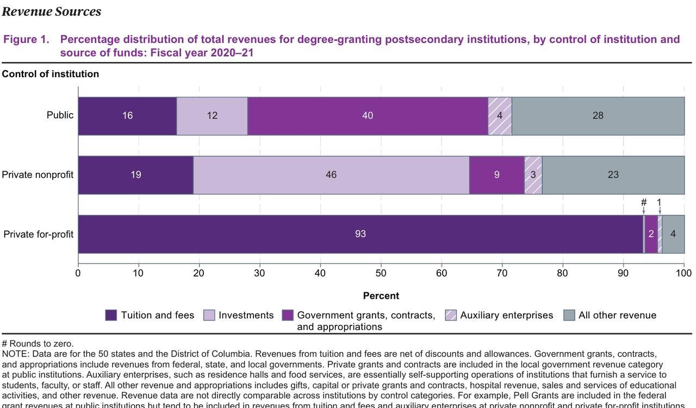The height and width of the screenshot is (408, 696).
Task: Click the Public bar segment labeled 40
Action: [368, 116]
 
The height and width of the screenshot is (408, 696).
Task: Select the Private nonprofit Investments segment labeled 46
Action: [331, 175]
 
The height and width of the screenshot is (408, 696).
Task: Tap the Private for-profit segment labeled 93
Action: [361, 234]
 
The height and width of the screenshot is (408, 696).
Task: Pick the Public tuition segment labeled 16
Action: [127, 116]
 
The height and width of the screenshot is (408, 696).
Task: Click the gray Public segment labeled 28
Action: [598, 116]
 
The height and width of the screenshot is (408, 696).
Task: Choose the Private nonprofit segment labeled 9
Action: [496, 175]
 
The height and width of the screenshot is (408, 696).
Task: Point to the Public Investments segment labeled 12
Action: [212, 116]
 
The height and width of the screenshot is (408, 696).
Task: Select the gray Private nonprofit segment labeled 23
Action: [613, 175]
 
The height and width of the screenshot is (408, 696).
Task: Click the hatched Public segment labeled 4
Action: [500, 116]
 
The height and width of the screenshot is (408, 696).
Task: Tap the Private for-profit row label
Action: [38, 234]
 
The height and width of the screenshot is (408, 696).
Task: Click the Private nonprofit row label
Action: [38, 175]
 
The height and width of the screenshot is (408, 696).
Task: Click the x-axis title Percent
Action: [381, 296]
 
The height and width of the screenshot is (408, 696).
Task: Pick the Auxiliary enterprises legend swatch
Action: [451, 315]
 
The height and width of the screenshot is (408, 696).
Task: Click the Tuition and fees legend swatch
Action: [111, 315]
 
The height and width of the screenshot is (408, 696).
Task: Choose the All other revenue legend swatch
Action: [569, 315]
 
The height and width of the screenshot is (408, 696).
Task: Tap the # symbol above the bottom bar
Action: [644, 203]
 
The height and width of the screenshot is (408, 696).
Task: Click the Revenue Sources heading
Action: [52, 11]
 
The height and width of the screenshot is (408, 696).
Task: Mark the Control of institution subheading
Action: [51, 74]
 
